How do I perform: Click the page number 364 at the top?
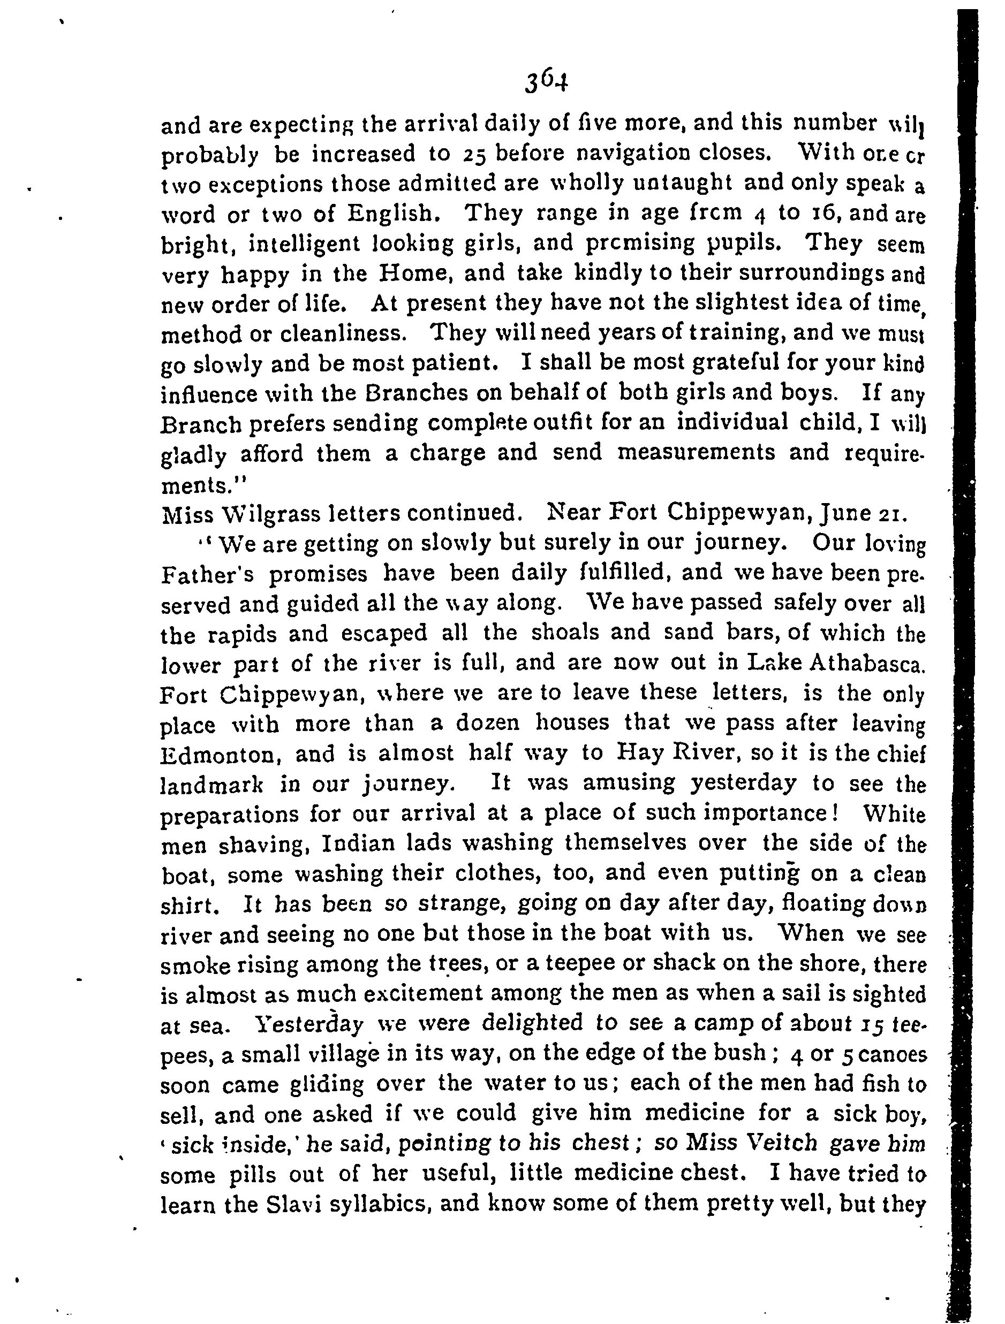point(546,81)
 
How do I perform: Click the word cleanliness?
point(344,334)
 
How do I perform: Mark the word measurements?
point(696,453)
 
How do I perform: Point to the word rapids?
point(243,633)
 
